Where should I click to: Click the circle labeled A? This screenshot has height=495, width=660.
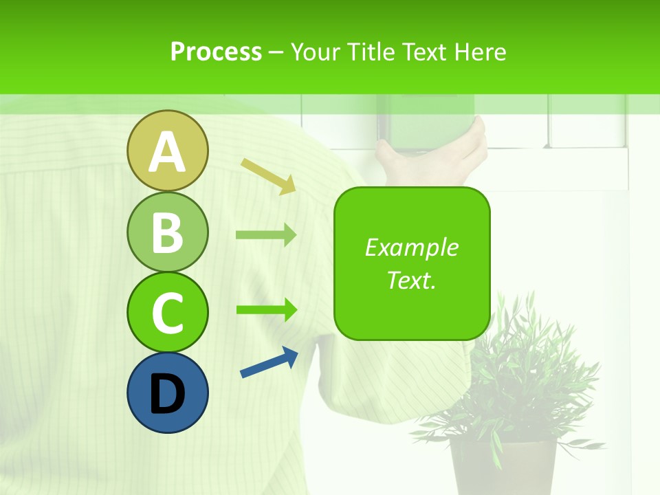[x=167, y=151]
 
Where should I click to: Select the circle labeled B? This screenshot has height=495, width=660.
[x=167, y=232]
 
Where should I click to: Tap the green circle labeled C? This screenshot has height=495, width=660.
[x=167, y=312]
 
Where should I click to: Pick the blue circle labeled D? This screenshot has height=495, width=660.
[x=167, y=393]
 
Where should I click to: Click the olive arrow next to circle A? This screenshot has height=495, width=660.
[x=269, y=176]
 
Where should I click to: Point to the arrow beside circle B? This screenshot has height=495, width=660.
[x=266, y=235]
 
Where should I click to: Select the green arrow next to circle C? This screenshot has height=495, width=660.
[x=266, y=309]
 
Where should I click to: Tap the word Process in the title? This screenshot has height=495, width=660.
[x=216, y=52]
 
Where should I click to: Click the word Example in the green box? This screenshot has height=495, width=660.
[x=411, y=247]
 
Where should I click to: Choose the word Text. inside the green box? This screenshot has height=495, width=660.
[x=411, y=280]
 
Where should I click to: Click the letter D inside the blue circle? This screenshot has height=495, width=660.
[x=167, y=395]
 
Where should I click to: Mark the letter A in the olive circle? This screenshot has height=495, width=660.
[x=167, y=153]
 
